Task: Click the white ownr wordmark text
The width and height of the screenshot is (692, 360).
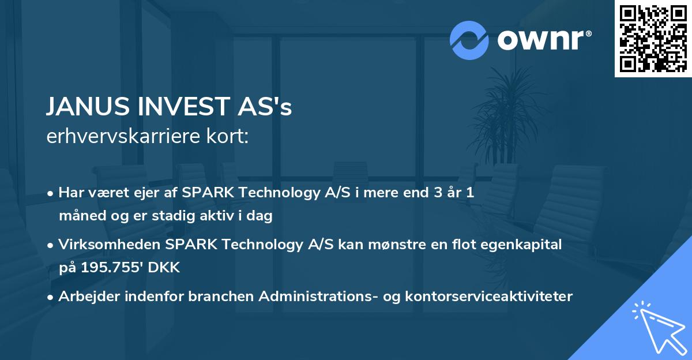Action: click(543, 40)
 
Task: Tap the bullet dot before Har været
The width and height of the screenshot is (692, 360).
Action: click(51, 193)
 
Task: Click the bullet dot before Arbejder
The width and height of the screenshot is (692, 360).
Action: click(51, 297)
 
